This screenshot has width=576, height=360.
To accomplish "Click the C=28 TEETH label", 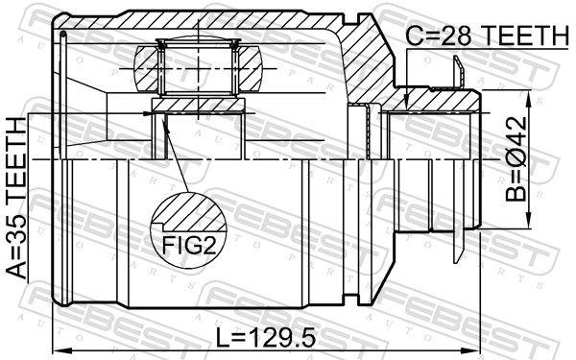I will (x=486, y=36).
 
